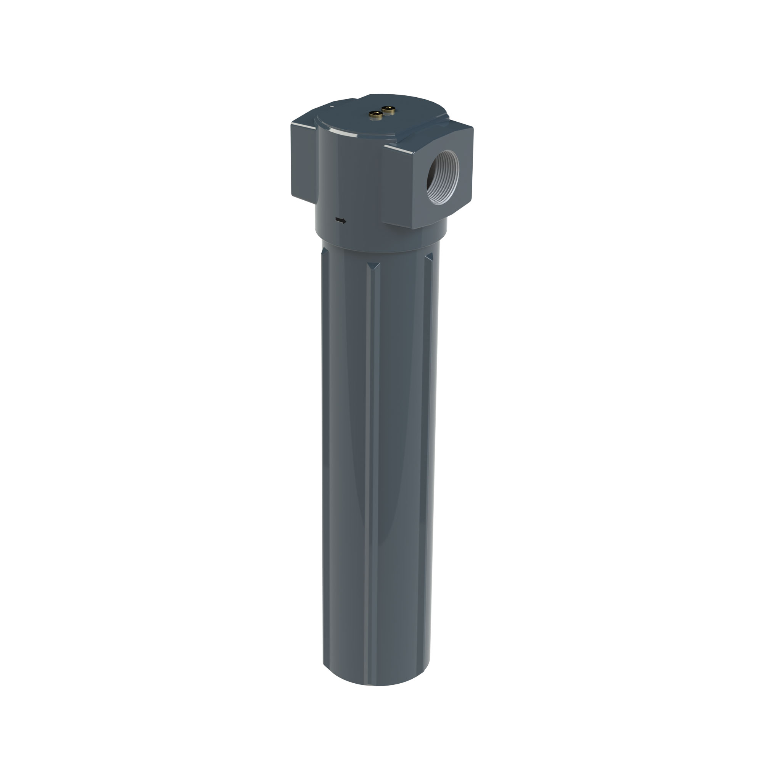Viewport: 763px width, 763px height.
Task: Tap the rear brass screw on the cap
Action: pos(389,110)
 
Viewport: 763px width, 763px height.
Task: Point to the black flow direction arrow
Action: pos(340,221)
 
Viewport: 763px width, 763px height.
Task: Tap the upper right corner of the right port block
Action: pos(472,127)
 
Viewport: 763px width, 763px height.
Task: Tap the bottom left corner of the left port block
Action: pos(293,196)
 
